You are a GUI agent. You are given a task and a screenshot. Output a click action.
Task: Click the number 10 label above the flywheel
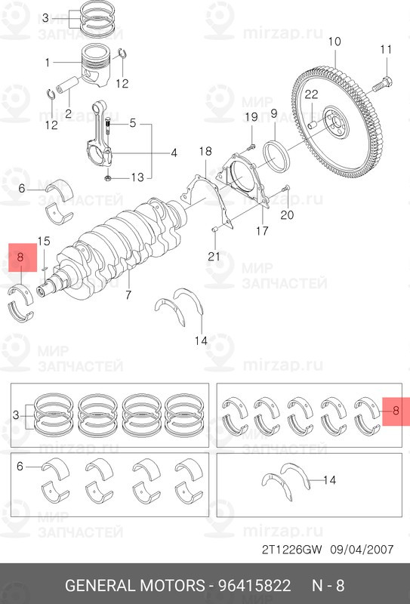tap(334, 41)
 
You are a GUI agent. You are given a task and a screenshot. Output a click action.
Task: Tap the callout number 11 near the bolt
tap(386, 50)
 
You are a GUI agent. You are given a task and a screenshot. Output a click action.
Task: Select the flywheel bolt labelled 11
tap(386, 79)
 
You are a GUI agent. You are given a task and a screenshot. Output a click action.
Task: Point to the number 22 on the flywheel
tap(311, 94)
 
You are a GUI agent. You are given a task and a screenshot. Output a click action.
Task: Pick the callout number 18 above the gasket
tap(205, 153)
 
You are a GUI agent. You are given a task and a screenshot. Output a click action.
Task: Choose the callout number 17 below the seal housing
tap(261, 231)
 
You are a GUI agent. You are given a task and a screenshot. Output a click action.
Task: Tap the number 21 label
tap(214, 257)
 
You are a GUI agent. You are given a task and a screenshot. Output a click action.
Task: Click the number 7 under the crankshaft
tap(128, 294)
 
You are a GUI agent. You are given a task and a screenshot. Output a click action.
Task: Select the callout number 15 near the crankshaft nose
tap(44, 242)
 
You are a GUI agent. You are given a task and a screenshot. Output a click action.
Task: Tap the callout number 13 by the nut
tap(136, 177)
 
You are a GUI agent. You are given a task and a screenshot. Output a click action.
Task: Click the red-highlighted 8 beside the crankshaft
tap(21, 258)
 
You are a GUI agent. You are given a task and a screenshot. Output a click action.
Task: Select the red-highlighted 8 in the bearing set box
tap(393, 412)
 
